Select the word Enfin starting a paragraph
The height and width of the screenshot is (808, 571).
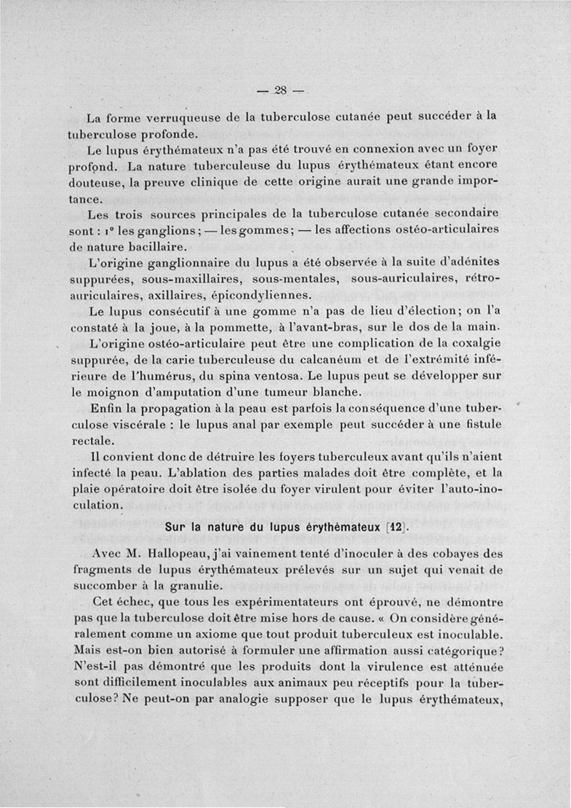point(107,409)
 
